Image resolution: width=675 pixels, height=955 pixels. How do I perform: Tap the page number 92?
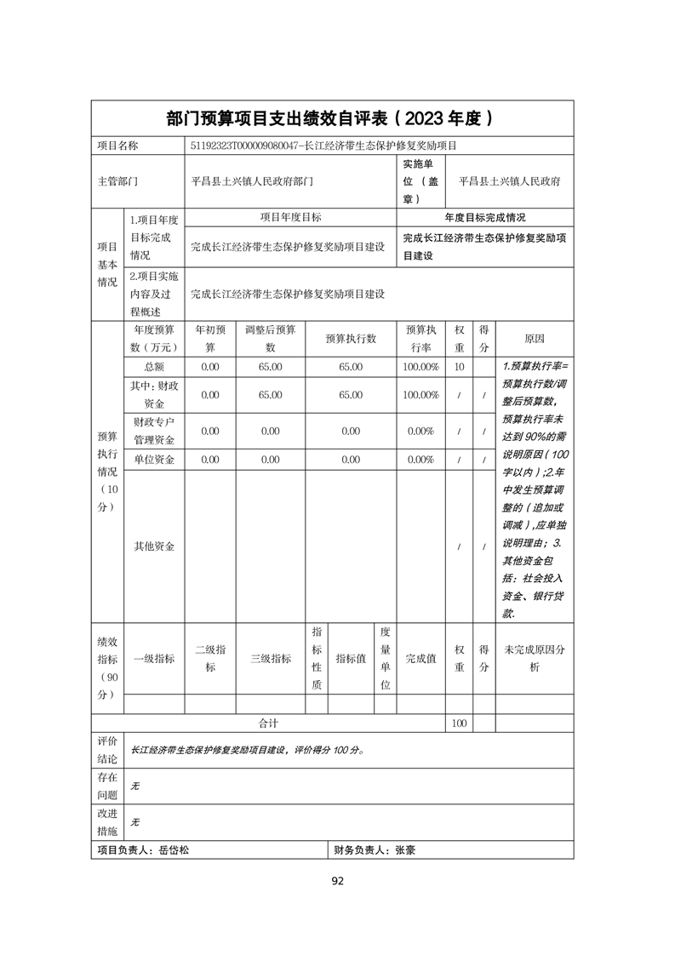tap(337, 881)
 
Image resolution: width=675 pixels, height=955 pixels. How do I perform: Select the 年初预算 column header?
tap(210, 338)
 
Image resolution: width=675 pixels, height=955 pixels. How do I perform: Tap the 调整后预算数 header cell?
tap(270, 338)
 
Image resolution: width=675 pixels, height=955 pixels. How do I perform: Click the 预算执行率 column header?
tap(421, 338)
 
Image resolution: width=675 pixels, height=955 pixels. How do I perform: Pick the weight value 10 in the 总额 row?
tap(460, 366)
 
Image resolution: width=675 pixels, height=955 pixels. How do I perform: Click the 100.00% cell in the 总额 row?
tap(421, 366)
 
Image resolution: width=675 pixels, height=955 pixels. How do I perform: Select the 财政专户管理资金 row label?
tap(154, 431)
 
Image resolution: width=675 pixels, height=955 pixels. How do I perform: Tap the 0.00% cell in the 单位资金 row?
tap(421, 460)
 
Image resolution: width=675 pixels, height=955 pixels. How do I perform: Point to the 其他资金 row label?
tap(154, 546)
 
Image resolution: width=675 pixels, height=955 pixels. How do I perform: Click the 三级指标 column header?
tap(270, 658)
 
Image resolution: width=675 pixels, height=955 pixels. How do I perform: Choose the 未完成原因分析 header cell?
tap(535, 658)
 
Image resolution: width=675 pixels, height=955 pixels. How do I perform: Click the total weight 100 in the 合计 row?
tap(460, 723)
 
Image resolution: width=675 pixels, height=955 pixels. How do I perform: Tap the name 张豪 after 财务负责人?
tap(405, 849)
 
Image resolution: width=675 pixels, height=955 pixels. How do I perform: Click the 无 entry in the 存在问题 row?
tap(134, 786)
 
